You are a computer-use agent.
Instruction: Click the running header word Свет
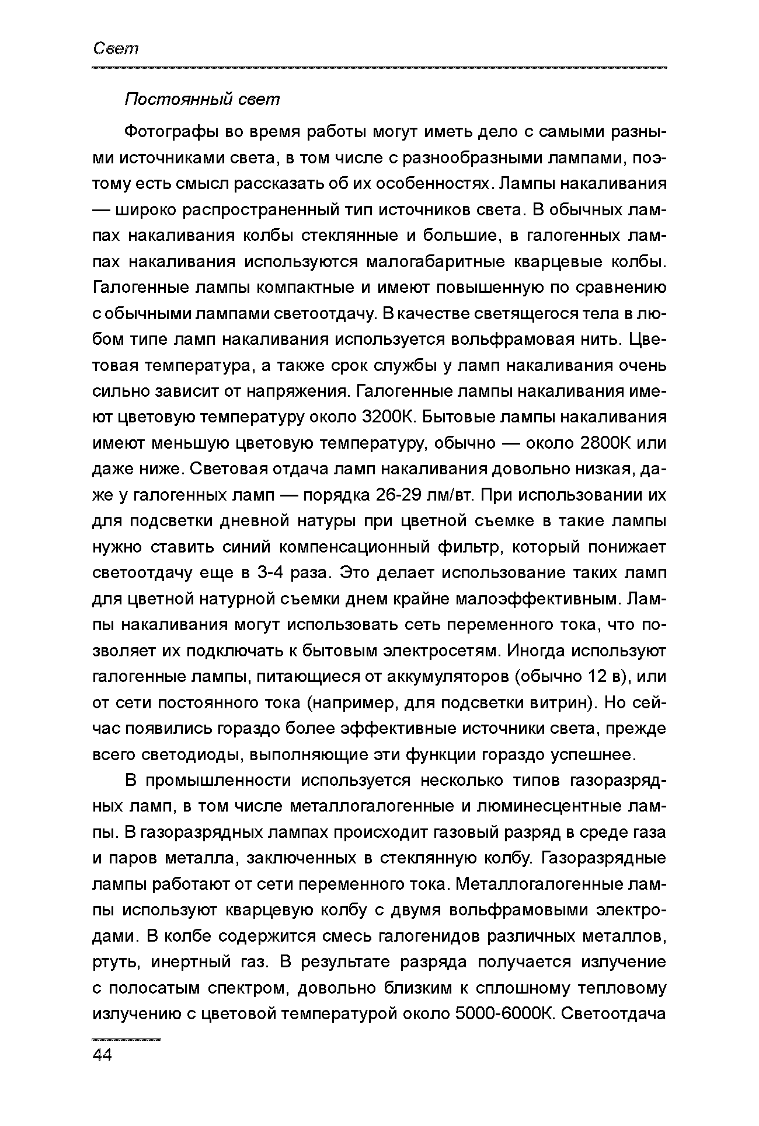tap(116, 49)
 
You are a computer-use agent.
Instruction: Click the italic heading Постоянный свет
tap(202, 100)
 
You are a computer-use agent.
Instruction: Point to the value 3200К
tap(388, 418)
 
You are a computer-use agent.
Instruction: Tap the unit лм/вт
tap(452, 495)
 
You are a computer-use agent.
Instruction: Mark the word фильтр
tap(473, 547)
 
